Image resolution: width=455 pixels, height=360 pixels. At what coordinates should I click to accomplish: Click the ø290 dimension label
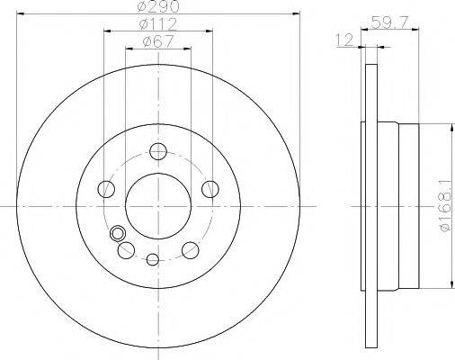point(158,6)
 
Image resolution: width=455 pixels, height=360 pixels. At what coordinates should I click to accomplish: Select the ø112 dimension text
point(158,24)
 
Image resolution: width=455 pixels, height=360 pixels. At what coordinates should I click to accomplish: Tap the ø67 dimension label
point(158,41)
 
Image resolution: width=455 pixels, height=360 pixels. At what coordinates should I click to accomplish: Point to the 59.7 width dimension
point(389,22)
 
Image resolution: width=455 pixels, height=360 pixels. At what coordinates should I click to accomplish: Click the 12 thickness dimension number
point(345,40)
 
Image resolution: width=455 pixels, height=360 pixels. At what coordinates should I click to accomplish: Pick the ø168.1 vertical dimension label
point(445,205)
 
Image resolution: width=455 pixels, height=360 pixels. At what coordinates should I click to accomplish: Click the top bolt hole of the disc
point(158,151)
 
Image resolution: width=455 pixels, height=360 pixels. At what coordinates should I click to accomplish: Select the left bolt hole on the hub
point(106,189)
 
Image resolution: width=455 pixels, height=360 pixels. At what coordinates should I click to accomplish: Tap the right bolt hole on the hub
point(210,189)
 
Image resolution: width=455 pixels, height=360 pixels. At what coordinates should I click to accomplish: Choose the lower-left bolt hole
point(126,250)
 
